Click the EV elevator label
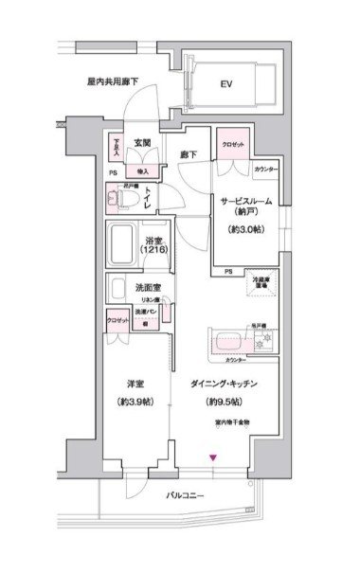[226, 85]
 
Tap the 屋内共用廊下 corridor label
[114, 81]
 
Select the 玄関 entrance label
[143, 142]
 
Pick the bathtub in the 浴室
[121, 245]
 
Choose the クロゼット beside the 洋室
[117, 321]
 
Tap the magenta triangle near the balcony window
[214, 458]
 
